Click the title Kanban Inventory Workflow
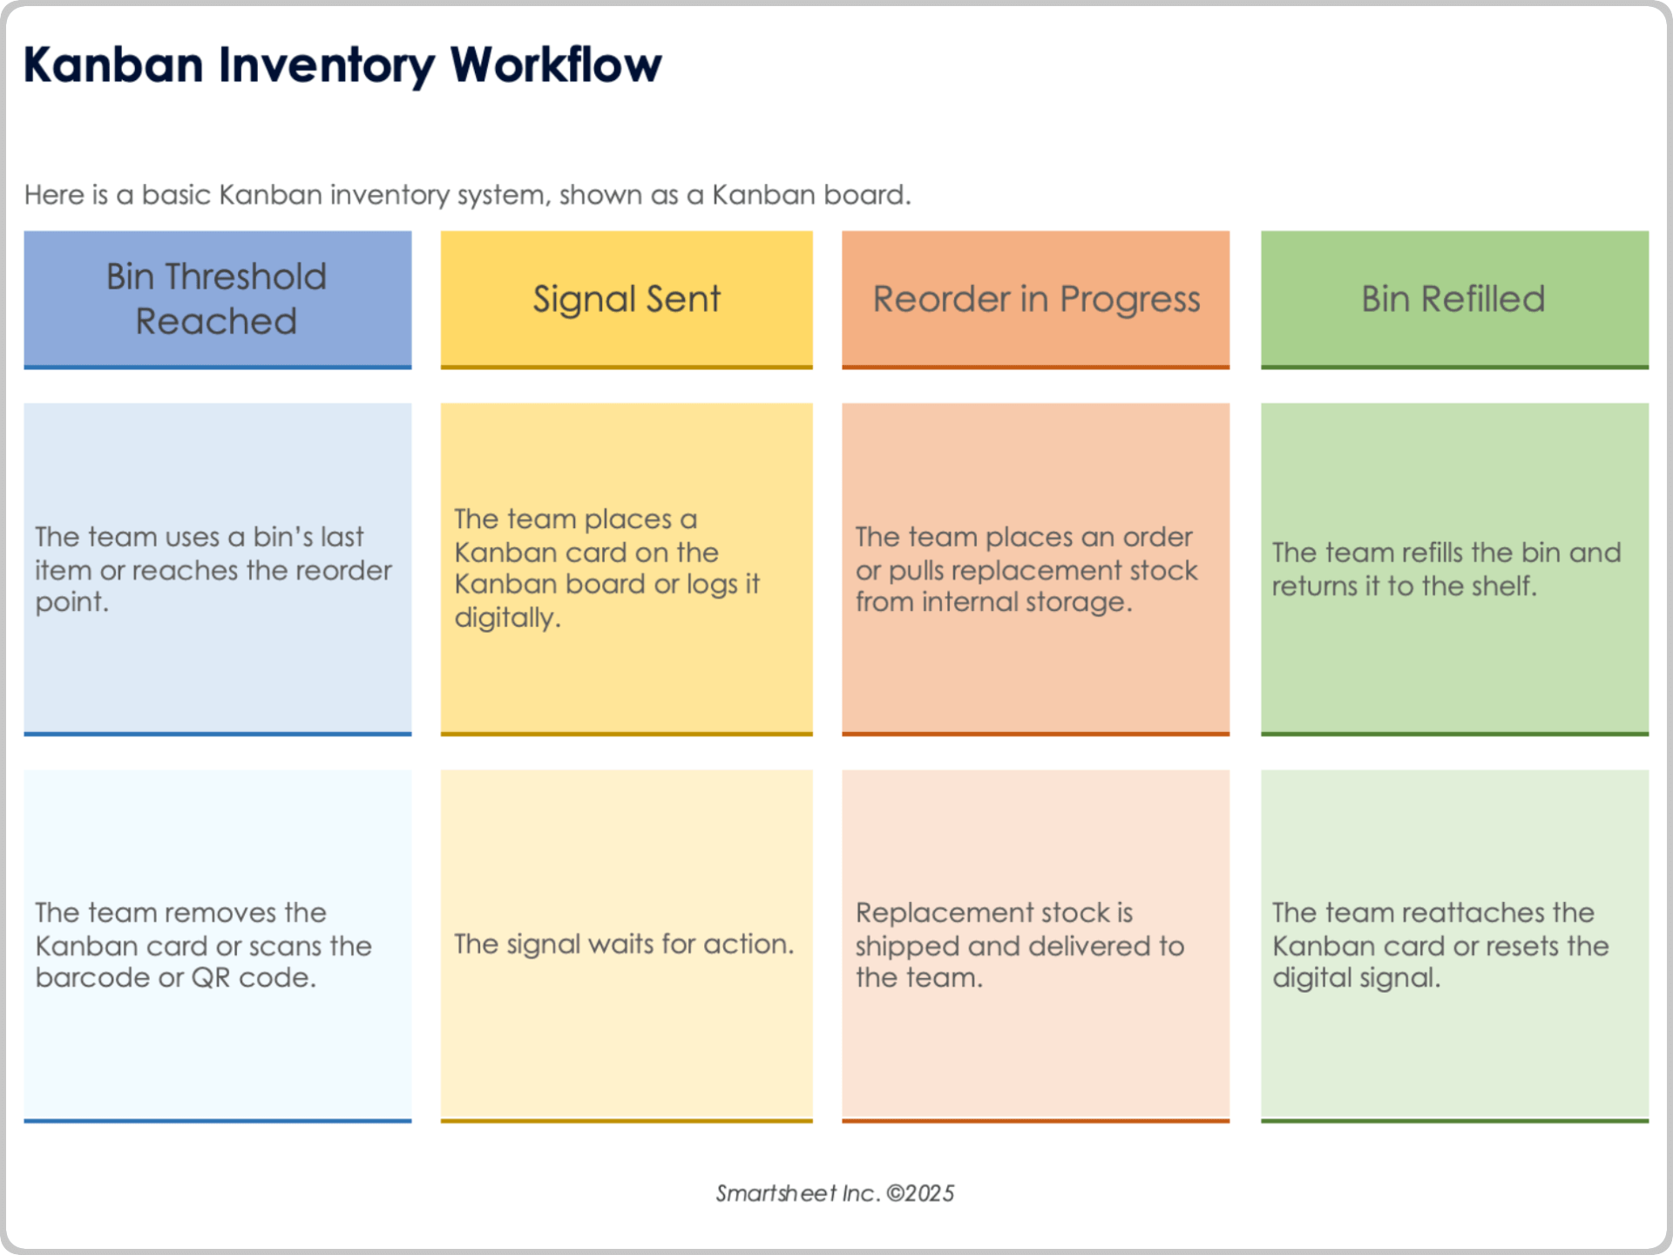pyautogui.click(x=342, y=65)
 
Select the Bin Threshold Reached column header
pyautogui.click(x=217, y=299)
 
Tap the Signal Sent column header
pyautogui.click(x=627, y=299)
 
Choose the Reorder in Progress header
pyautogui.click(x=1035, y=299)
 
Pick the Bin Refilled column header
pyautogui.click(x=1453, y=299)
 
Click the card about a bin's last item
pyautogui.click(x=217, y=568)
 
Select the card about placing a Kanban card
pyautogui.click(x=627, y=568)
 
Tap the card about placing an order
pyautogui.click(x=1035, y=568)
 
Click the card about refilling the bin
pyautogui.click(x=1453, y=568)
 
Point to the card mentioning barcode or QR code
pyautogui.click(x=217, y=945)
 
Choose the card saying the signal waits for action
pyautogui.click(x=627, y=945)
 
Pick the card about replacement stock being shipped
pyautogui.click(x=1035, y=945)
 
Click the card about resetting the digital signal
pyautogui.click(x=1453, y=945)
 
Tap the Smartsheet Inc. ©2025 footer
pyautogui.click(x=835, y=1193)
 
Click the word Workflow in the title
pyautogui.click(x=556, y=65)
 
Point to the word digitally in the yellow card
pyautogui.click(x=507, y=618)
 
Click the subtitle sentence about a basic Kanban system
pyautogui.click(x=467, y=194)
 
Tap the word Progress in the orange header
pyautogui.click(x=1129, y=299)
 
